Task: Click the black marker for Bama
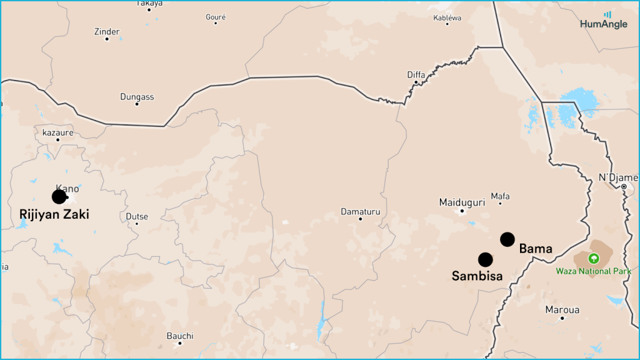click(507, 239)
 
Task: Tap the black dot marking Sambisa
click(486, 259)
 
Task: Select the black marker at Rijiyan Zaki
click(59, 197)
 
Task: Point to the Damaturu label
click(360, 212)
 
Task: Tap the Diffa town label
click(416, 75)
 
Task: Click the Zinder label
click(106, 31)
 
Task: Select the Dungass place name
click(137, 97)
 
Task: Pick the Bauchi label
click(180, 336)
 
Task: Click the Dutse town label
click(137, 216)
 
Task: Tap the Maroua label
click(562, 310)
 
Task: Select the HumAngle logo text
click(603, 24)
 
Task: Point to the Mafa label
click(500, 196)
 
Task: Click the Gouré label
click(216, 17)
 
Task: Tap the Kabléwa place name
click(447, 17)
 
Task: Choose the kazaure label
click(57, 132)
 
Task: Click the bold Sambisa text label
click(477, 276)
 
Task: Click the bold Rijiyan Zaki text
click(54, 214)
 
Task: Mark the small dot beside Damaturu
click(360, 219)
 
